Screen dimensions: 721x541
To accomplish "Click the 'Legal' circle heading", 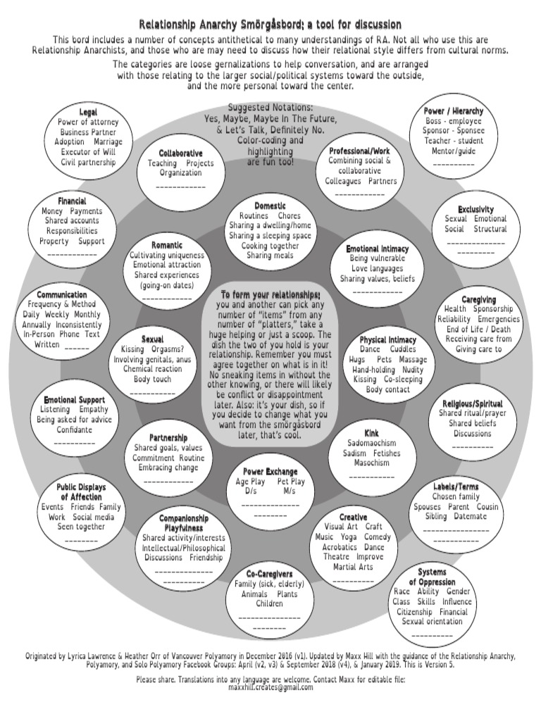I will [88, 112].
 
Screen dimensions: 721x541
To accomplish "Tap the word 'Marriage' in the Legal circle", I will [108, 142].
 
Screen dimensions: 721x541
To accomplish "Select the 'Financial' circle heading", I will [72, 201].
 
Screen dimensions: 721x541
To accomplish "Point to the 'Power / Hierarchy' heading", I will [454, 111].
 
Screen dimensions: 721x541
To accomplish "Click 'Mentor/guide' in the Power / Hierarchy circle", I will [454, 151].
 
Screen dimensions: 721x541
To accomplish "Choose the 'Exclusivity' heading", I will [475, 209].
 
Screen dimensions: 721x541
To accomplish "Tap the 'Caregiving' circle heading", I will [478, 299].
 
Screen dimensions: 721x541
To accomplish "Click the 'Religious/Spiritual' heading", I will [473, 403].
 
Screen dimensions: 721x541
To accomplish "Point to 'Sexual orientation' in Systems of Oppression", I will [432, 622].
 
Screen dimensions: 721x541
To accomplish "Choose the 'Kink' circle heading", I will [371, 432].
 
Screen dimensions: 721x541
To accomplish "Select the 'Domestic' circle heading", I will [270, 206].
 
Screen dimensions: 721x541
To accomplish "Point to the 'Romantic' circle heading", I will [166, 245].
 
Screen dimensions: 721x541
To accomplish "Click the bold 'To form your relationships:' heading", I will [270, 294].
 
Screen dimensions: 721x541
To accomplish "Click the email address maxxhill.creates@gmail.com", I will [270, 688].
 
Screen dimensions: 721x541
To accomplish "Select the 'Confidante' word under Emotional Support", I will [74, 430].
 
